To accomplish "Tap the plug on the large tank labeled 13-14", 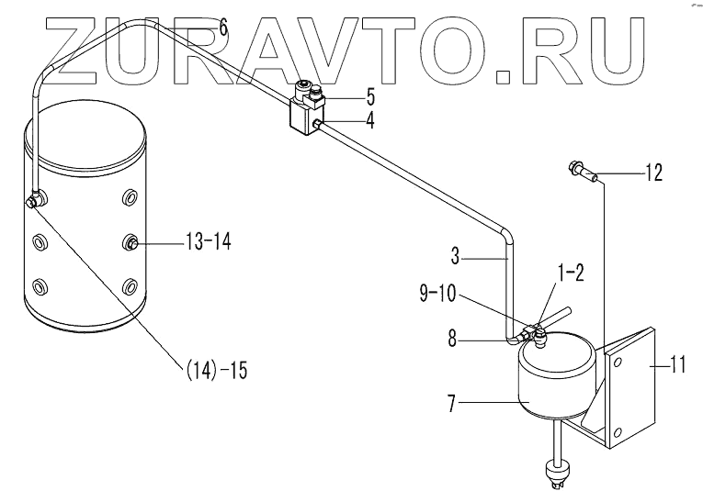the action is [x=132, y=242].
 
